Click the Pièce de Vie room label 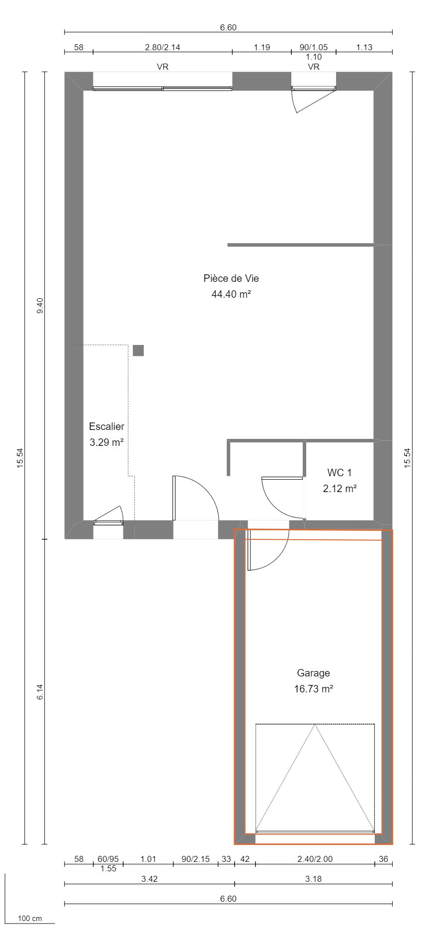coord(231,278)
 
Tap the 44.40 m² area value coord(231,294)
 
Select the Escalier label coord(106,426)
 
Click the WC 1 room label coord(339,473)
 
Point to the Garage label coord(313,673)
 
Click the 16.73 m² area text coord(313,689)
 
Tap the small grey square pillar coord(138,350)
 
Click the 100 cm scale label coord(30,919)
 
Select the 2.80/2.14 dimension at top coord(162,48)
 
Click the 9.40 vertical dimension coord(40,305)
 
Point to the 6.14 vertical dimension coord(40,692)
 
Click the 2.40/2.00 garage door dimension coord(315,859)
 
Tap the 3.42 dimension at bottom coord(149,879)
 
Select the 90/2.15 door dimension coord(195,859)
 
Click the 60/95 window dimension coord(108,859)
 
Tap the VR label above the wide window coord(162,67)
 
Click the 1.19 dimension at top coord(262,48)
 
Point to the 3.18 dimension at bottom coord(313,879)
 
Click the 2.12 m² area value coord(340,489)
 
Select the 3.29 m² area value coord(106,442)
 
